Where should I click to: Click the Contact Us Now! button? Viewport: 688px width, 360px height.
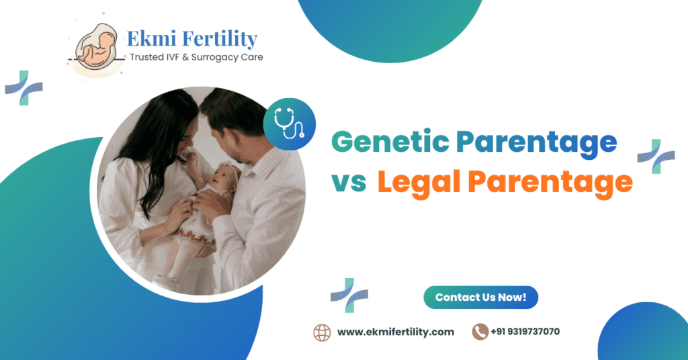(x=480, y=298)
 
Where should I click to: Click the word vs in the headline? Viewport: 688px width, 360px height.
(x=348, y=183)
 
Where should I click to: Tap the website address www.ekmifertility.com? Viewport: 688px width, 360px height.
(x=395, y=332)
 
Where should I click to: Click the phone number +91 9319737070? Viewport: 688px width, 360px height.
(x=525, y=332)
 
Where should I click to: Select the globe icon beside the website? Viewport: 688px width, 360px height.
(x=322, y=332)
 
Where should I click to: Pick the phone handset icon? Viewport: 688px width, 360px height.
(x=480, y=332)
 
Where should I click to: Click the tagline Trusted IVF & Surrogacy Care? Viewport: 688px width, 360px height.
(x=196, y=58)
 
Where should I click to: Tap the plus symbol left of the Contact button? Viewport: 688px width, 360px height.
(x=349, y=295)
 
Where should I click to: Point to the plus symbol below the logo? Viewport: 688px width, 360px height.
(x=24, y=87)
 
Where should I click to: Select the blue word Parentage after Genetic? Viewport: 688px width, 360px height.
(x=535, y=142)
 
